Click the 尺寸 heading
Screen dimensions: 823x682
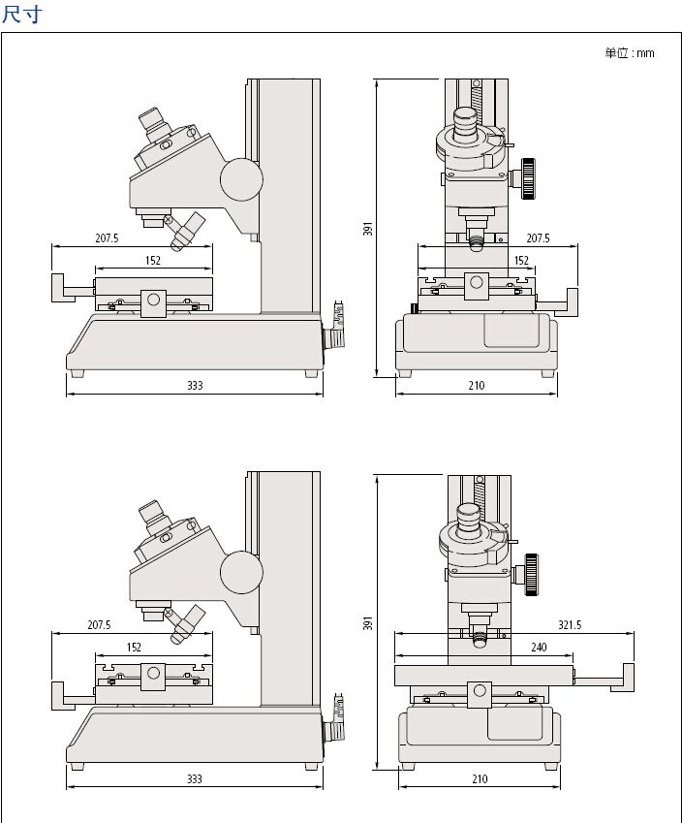pos(22,15)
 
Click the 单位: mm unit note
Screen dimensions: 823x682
pos(630,53)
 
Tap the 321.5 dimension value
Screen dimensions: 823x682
pos(570,625)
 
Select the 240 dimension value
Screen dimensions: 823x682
pos(539,647)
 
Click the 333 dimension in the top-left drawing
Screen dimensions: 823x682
pos(195,386)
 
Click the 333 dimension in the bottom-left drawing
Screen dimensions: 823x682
pos(195,778)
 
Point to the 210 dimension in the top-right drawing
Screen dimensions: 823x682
pos(476,386)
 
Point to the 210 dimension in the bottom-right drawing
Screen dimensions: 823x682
pos(480,778)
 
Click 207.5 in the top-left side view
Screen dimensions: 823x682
pos(107,238)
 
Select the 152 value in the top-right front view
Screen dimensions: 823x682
pos(521,260)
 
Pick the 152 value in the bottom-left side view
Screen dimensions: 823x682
pos(134,647)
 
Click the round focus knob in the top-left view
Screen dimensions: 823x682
pos(240,178)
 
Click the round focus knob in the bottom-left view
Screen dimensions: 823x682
pos(241,573)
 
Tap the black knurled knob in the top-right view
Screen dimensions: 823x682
pos(528,179)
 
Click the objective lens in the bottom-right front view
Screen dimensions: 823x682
pos(480,638)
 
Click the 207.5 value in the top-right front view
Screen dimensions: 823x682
pos(538,238)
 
